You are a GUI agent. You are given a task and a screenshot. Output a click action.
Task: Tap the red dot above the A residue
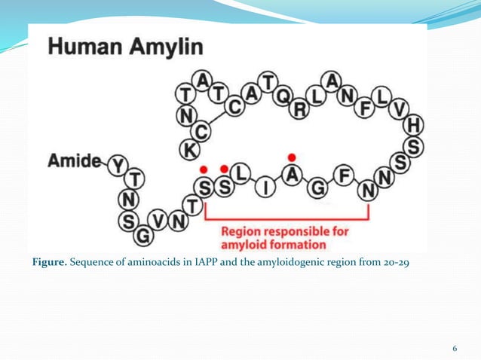click(292, 157)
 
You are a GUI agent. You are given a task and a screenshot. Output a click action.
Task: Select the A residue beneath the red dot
click(293, 175)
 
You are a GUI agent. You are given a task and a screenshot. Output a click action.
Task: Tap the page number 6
click(455, 347)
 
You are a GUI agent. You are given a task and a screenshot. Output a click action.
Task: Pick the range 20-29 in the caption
click(394, 262)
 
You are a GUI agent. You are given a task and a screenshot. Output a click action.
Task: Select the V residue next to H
click(400, 110)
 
